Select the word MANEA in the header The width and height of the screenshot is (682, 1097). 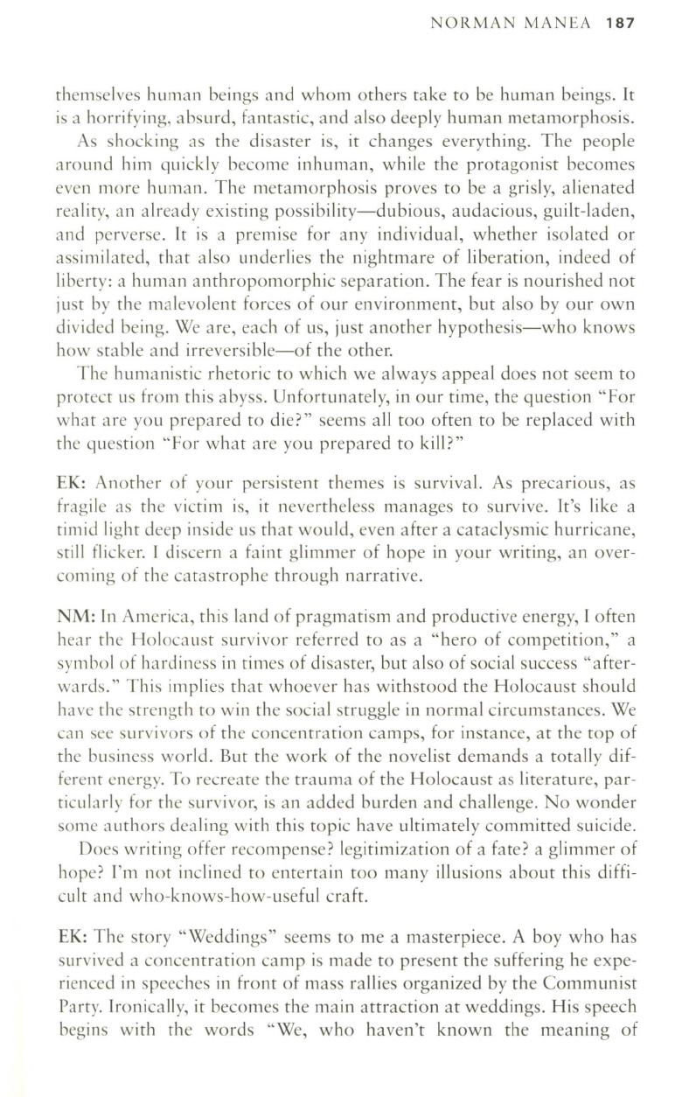click(x=556, y=23)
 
